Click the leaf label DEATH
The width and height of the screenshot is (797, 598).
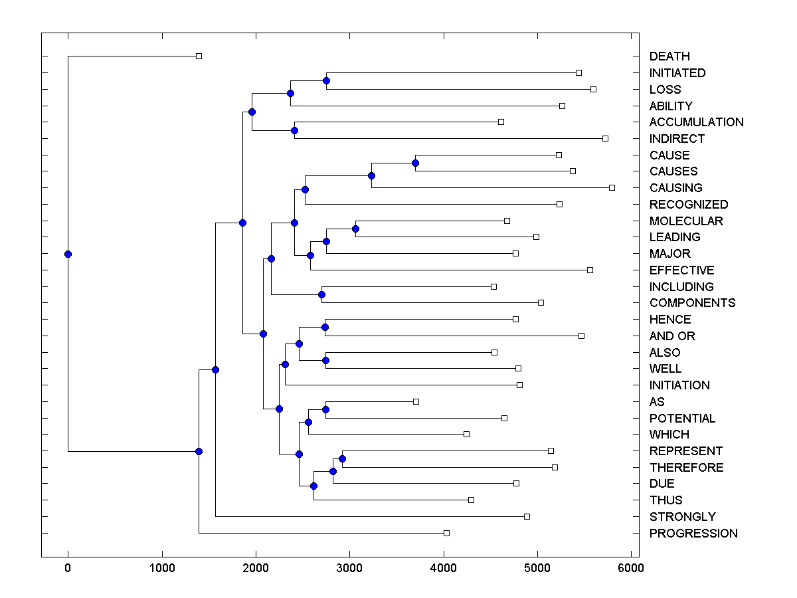(669, 56)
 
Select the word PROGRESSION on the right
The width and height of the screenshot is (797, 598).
(693, 534)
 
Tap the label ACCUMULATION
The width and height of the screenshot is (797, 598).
(696, 122)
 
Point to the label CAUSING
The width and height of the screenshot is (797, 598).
(675, 188)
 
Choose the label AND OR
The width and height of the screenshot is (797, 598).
(672, 336)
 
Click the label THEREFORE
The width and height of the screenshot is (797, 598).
(686, 468)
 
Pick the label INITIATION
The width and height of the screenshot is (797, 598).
(679, 385)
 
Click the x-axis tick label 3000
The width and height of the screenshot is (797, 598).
(349, 568)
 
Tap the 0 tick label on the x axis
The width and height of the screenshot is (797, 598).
(68, 568)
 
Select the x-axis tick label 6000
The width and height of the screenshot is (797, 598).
(631, 568)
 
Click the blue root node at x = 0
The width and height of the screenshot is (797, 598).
(68, 254)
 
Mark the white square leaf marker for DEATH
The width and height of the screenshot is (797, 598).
(199, 56)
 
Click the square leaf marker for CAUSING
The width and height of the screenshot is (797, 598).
(612, 187)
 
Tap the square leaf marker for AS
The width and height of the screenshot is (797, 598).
(416, 401)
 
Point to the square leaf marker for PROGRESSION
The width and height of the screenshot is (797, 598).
(446, 533)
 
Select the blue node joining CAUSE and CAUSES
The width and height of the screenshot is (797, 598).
(415, 163)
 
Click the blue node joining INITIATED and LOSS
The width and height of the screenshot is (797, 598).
(326, 80)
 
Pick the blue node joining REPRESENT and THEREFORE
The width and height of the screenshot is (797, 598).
(342, 458)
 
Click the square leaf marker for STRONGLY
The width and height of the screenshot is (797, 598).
(527, 516)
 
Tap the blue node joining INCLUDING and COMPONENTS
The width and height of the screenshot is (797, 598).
(321, 294)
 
